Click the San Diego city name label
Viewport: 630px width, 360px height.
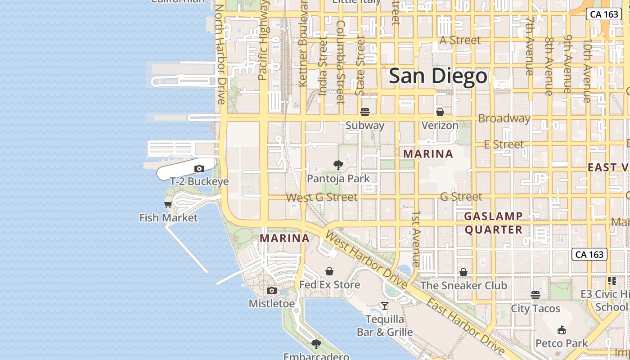[438, 76]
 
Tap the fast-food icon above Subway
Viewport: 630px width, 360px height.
[365, 112]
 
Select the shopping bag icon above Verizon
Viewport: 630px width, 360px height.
[440, 112]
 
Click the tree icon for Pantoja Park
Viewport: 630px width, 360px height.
[338, 165]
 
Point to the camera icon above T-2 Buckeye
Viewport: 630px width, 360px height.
[199, 169]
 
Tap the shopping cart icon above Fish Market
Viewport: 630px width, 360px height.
[168, 205]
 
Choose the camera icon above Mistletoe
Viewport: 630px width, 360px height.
[272, 291]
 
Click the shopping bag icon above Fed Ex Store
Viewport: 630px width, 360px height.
[329, 271]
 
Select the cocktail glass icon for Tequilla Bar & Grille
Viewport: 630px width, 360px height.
[385, 306]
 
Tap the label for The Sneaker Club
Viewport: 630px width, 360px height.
[463, 285]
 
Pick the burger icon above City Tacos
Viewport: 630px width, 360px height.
[535, 295]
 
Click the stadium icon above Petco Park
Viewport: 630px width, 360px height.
[561, 330]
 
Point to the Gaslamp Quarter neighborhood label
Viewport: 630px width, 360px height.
[494, 223]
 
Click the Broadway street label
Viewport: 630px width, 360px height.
[504, 119]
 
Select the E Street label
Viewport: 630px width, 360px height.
[504, 144]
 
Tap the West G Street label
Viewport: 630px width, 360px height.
[322, 197]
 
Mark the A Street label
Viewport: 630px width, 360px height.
[460, 40]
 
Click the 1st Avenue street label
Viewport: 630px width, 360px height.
[417, 238]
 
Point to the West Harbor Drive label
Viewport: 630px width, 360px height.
[366, 261]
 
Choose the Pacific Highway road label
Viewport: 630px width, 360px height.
[263, 40]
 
